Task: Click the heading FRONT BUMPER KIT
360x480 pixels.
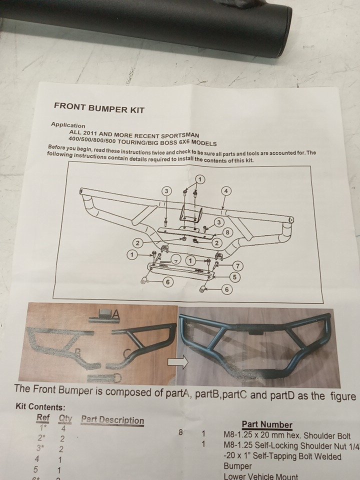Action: tap(99, 108)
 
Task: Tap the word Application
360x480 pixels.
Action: tap(68, 125)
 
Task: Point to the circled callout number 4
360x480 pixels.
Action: tap(226, 191)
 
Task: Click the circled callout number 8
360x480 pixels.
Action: tap(227, 232)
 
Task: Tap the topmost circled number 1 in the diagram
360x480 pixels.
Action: tap(199, 179)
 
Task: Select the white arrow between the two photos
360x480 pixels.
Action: tap(178, 362)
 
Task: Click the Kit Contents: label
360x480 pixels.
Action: tap(40, 407)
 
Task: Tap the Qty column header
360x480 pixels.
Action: tap(65, 418)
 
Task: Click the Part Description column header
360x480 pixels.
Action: tap(112, 420)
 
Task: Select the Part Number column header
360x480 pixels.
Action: tap(267, 424)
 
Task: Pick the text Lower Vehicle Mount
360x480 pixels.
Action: tap(261, 476)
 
